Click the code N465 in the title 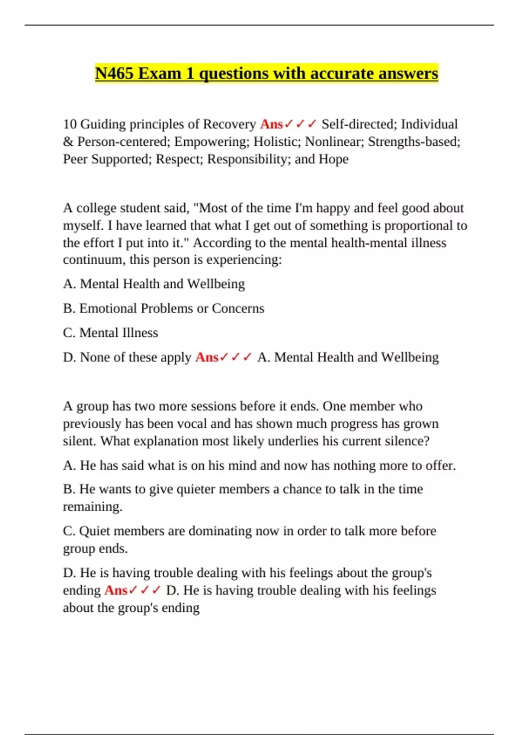click(114, 73)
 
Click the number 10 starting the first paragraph click(70, 125)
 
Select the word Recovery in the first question click(230, 125)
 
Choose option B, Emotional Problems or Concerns click(163, 309)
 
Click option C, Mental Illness click(111, 333)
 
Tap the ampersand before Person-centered click(68, 142)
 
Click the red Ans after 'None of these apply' click(207, 358)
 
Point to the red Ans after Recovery click(271, 125)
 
